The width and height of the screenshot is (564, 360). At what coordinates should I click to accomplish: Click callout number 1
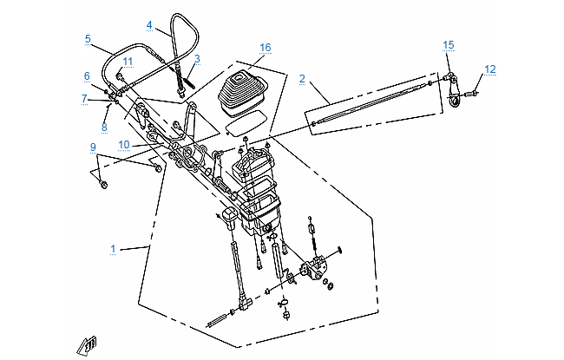(114, 249)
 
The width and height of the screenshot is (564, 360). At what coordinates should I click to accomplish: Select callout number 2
(302, 79)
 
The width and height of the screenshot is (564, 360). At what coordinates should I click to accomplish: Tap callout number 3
(197, 59)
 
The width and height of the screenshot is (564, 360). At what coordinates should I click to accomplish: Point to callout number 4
(149, 25)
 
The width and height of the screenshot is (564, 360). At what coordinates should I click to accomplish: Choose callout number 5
(88, 38)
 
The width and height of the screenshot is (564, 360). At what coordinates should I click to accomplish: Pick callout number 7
(85, 99)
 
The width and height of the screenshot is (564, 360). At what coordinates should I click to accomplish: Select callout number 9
(92, 147)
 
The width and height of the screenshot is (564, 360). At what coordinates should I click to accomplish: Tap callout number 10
(124, 144)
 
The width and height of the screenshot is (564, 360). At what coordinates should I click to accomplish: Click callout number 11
(128, 61)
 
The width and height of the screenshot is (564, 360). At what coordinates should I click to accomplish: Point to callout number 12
(490, 69)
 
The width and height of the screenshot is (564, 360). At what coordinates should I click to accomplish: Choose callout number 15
(448, 44)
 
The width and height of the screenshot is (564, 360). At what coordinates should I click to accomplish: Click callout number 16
(265, 46)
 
